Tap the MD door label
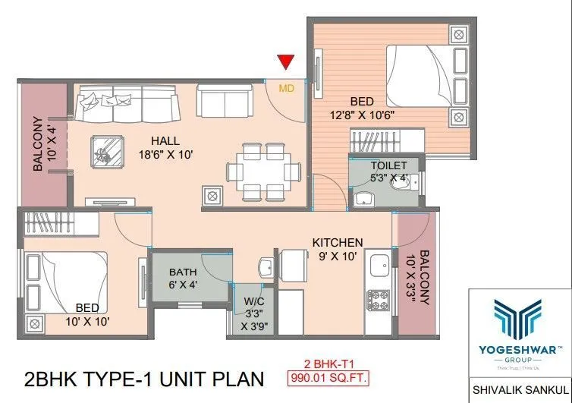click(x=286, y=88)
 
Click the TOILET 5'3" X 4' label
click(x=388, y=172)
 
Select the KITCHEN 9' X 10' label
click(x=338, y=249)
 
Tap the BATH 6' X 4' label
click(x=183, y=278)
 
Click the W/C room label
click(x=254, y=311)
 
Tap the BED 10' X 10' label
click(x=86, y=314)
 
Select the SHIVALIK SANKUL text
click(x=520, y=384)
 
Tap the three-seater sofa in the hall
click(x=127, y=104)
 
